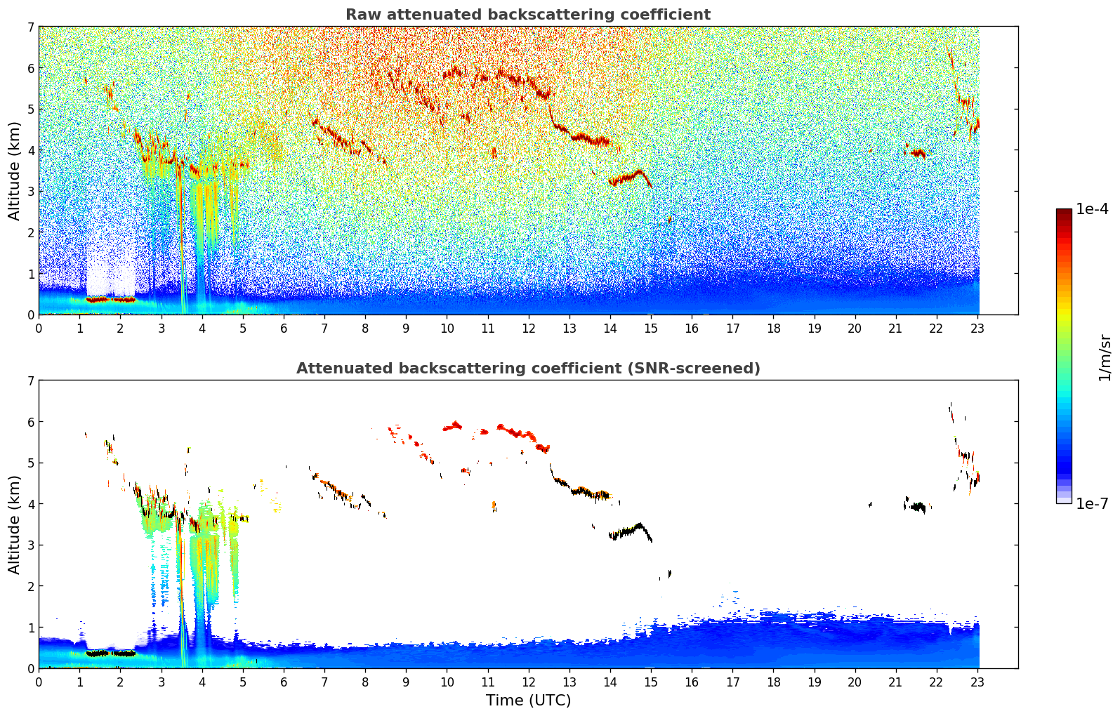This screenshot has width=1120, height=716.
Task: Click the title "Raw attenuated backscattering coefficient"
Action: click(x=527, y=15)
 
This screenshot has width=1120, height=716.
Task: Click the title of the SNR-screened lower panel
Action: click(x=527, y=369)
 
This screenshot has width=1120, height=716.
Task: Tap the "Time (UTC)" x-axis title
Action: click(x=528, y=701)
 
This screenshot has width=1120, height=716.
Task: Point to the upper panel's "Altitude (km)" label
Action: click(x=14, y=171)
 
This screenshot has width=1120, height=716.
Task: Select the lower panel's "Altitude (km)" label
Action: click(x=14, y=524)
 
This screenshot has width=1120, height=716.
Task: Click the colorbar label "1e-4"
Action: click(x=1092, y=209)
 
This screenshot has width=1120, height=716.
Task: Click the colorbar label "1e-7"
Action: click(x=1092, y=503)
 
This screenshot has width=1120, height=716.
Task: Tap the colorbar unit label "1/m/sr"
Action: click(x=1105, y=358)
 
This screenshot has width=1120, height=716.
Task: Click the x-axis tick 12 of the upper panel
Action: click(x=528, y=328)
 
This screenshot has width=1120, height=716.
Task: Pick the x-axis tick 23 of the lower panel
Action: click(x=977, y=682)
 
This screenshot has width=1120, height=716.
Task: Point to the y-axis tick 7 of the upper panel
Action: click(x=30, y=27)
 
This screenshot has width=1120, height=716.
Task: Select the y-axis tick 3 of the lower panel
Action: click(x=30, y=545)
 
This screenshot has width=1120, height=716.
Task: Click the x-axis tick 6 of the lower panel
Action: click(x=284, y=682)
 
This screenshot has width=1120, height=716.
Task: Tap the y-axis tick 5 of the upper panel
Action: click(x=30, y=109)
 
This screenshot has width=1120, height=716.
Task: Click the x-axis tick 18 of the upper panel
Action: click(x=773, y=328)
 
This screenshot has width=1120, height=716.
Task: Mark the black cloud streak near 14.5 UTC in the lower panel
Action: click(x=628, y=531)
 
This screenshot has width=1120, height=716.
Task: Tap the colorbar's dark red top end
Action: click(x=1063, y=212)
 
